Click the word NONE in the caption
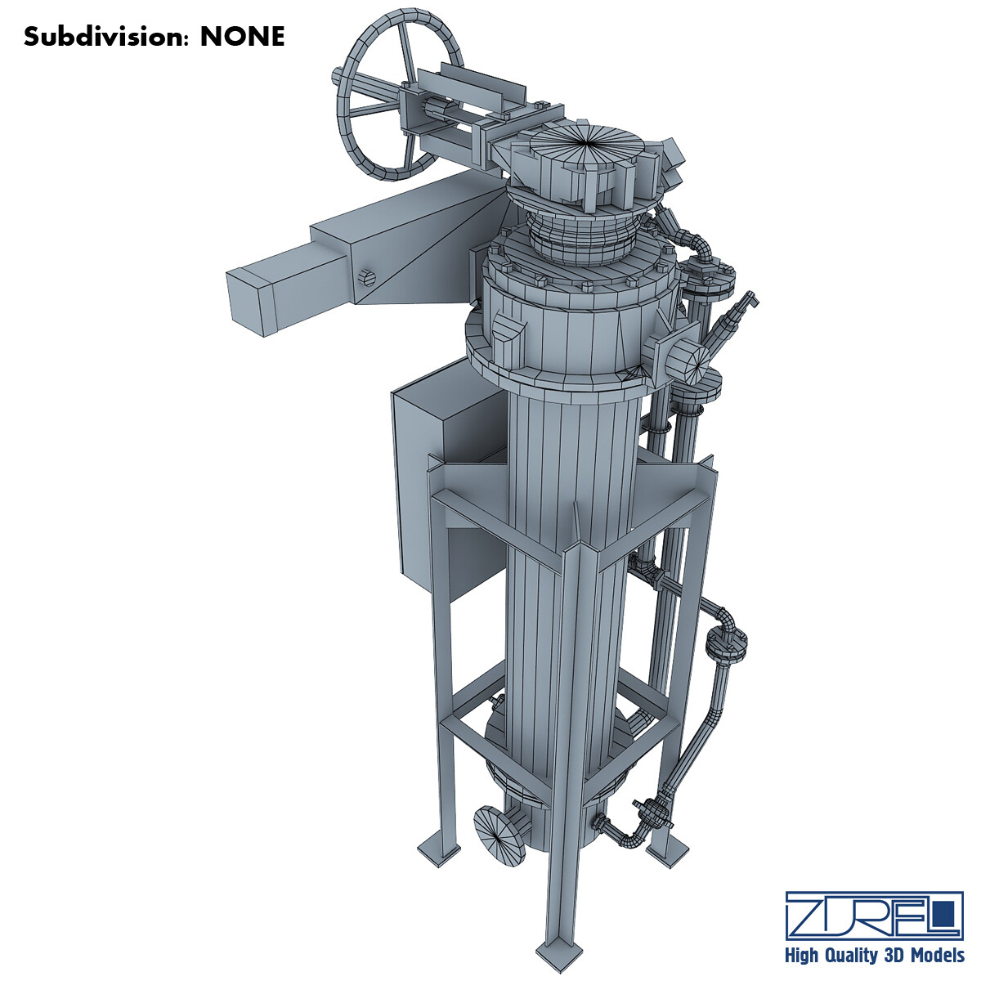[x=243, y=37]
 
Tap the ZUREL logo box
[x=873, y=915]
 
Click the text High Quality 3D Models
[x=873, y=956]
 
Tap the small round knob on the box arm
[x=365, y=277]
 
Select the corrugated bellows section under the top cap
[x=585, y=236]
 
